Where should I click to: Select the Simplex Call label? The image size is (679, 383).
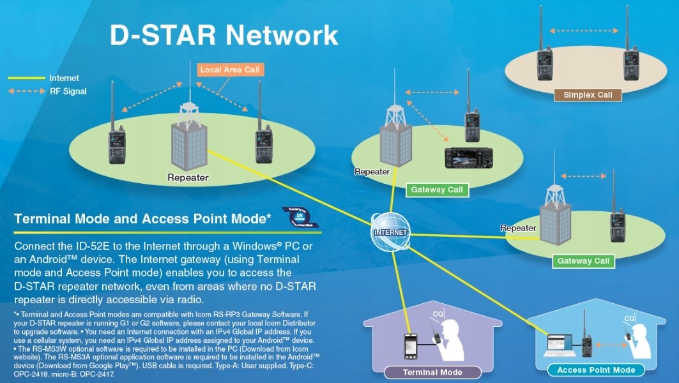point(588,95)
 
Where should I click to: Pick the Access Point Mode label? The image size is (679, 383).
point(596,370)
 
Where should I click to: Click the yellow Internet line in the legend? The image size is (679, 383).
point(26,78)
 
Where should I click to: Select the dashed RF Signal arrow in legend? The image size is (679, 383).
point(26,91)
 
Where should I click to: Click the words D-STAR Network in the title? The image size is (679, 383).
point(224,35)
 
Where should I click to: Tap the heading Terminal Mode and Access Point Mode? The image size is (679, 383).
point(142,219)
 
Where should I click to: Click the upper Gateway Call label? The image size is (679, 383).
point(437,190)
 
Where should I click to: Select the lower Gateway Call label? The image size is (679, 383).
point(583,260)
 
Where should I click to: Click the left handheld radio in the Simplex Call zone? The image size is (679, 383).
point(545,61)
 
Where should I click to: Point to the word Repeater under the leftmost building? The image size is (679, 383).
point(188,177)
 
